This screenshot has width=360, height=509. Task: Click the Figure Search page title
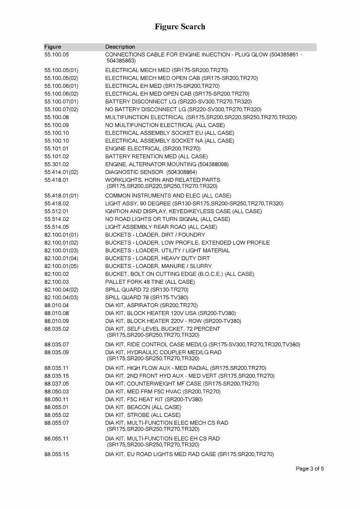tap(180, 27)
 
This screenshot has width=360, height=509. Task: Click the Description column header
tap(120, 47)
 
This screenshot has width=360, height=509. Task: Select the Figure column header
tap(53, 47)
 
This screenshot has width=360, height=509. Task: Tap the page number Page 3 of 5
tap(310, 469)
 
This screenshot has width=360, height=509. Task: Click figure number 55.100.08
tap(57, 117)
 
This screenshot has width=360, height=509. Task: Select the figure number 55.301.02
tap(57, 164)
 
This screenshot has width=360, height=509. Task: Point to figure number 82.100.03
tap(57, 282)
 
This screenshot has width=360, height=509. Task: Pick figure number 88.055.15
tap(57, 454)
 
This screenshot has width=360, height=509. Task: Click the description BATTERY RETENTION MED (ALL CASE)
tap(156, 156)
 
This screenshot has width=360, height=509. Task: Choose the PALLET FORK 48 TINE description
tap(150, 282)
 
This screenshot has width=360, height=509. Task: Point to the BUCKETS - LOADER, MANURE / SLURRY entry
tap(158, 266)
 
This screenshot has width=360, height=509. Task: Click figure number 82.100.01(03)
tap(61, 251)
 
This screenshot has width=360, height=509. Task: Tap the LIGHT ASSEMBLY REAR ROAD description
tap(161, 227)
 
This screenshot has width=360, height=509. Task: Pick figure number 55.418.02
tap(57, 203)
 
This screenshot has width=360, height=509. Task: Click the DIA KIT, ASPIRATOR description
tap(151, 305)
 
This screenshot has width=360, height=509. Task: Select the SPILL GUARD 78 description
tap(147, 297)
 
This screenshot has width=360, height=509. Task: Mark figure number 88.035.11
tap(57, 368)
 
